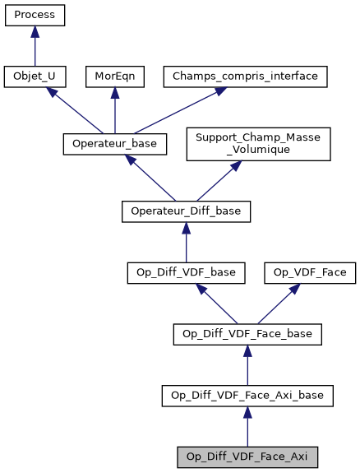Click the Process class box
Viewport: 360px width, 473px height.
[x=35, y=16]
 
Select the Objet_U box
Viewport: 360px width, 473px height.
[x=35, y=77]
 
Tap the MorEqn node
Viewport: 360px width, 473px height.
[x=114, y=77]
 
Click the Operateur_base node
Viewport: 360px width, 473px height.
[x=115, y=143]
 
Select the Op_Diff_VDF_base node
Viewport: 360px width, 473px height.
[x=186, y=271]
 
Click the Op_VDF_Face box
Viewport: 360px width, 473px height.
[x=309, y=271]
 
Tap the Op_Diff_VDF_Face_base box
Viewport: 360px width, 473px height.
[x=247, y=334]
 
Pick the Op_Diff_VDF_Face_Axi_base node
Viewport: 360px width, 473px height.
[x=247, y=396]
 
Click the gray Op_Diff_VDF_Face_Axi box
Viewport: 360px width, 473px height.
[x=247, y=457]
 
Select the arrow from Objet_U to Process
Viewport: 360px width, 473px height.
[x=35, y=46]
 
